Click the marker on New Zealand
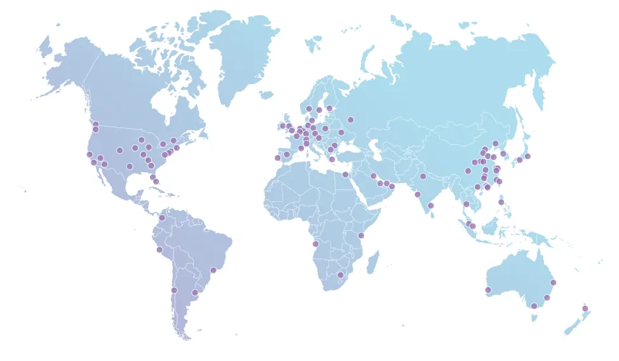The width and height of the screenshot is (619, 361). coord(585,309)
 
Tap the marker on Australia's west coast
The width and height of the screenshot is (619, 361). coord(488,290)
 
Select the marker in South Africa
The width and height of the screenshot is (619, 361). coord(340,275)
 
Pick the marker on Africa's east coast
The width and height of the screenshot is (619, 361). coord(361,236)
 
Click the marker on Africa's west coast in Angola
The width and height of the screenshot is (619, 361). coord(315,244)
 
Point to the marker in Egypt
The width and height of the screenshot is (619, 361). coord(345,174)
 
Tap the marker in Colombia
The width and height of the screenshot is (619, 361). coord(162,218)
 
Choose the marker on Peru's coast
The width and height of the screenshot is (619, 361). coord(160,250)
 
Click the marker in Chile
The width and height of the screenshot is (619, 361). coord(173,290)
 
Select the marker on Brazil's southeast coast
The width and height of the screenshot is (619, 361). coord(214,270)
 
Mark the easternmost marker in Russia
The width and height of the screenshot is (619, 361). coord(350,119)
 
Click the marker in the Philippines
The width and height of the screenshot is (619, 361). coord(501,202)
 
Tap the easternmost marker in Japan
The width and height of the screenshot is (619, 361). coord(527,156)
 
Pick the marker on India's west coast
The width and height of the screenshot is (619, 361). coord(418,194)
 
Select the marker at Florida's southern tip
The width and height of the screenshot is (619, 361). coord(156,182)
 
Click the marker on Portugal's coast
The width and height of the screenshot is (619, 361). coord(277,158)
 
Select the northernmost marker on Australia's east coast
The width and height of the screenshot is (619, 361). coord(553,282)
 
